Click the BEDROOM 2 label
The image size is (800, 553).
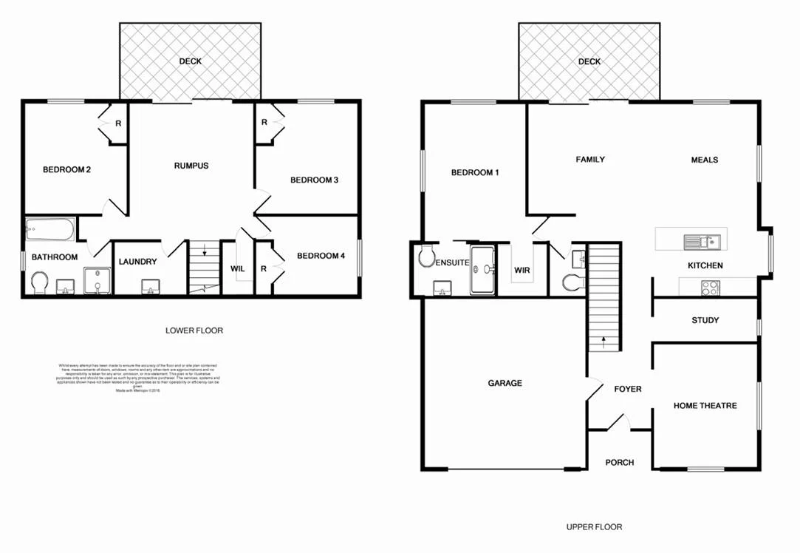[x=66, y=170]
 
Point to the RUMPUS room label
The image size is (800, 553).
[x=191, y=166]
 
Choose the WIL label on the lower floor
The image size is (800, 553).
[x=237, y=268]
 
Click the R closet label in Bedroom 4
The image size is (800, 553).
[x=263, y=268]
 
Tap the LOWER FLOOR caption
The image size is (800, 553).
[x=194, y=330]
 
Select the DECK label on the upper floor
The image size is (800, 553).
[x=589, y=62]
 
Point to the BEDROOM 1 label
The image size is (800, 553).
[x=475, y=173]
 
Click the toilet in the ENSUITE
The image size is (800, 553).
[x=425, y=257]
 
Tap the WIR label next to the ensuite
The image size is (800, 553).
[x=522, y=270]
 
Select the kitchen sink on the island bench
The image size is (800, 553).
[x=700, y=240]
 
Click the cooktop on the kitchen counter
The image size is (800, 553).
[x=710, y=287]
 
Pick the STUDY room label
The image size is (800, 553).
[x=705, y=320]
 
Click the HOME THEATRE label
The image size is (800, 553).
[x=705, y=405]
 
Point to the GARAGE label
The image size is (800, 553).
[x=505, y=383]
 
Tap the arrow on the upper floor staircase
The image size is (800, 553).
[x=604, y=342]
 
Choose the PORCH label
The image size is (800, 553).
[x=619, y=463]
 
